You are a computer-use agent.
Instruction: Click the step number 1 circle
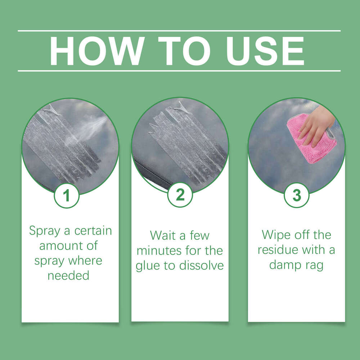pos(67,196)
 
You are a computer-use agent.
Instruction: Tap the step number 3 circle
pos(297,195)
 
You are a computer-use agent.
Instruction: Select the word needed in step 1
pos(68,276)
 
